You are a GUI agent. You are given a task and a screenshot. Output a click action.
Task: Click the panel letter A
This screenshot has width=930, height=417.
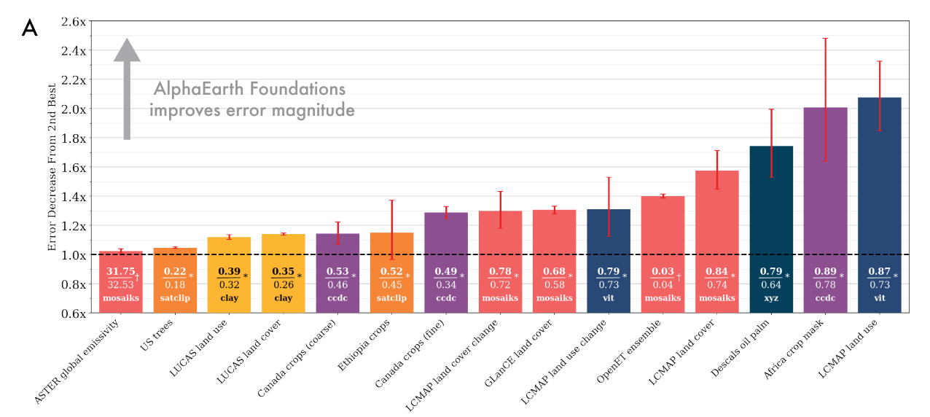coord(29,28)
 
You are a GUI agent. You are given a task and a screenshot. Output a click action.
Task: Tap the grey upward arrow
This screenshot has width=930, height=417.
coord(127,87)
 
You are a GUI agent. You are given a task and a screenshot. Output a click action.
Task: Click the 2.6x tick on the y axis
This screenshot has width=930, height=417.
coord(73,21)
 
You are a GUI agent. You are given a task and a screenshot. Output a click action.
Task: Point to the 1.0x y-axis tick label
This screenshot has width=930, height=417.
coord(73,254)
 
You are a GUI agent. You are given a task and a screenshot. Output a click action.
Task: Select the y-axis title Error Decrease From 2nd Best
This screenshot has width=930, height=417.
coord(52,167)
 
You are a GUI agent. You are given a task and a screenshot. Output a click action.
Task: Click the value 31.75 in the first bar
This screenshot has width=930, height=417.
coord(120,272)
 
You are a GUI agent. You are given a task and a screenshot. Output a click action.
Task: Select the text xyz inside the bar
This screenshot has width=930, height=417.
coord(771,298)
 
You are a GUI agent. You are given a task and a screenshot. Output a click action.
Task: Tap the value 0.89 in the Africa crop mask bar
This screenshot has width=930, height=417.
coord(825,272)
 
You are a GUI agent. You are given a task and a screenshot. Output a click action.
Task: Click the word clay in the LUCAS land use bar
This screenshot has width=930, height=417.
coord(229,298)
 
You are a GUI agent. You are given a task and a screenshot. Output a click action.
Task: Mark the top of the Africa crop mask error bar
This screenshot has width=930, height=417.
coord(825,38)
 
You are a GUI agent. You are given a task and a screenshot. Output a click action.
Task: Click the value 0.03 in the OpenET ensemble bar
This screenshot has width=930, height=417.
coord(663,272)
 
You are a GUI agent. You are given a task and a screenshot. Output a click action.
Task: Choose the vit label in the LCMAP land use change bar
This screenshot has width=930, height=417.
coord(609,298)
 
